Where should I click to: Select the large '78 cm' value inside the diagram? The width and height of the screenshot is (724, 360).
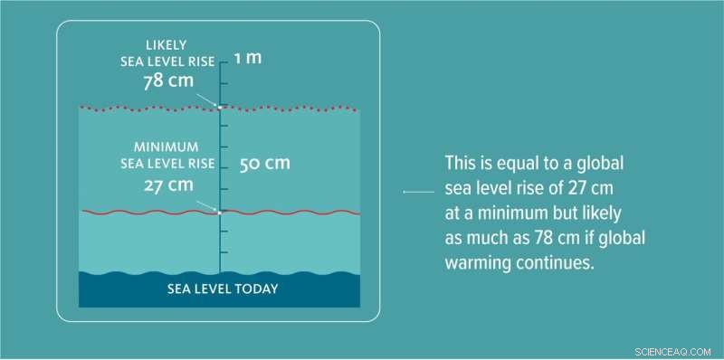click(x=168, y=82)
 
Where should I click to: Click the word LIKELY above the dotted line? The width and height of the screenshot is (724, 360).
click(x=168, y=43)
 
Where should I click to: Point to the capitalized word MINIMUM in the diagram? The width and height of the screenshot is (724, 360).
click(x=168, y=146)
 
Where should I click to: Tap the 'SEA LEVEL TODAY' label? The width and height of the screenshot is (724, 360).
click(x=223, y=289)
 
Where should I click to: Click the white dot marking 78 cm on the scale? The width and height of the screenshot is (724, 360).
click(x=219, y=108)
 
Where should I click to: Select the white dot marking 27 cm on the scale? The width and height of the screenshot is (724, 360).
click(x=219, y=213)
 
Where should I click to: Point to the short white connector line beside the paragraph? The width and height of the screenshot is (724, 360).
click(x=417, y=192)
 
